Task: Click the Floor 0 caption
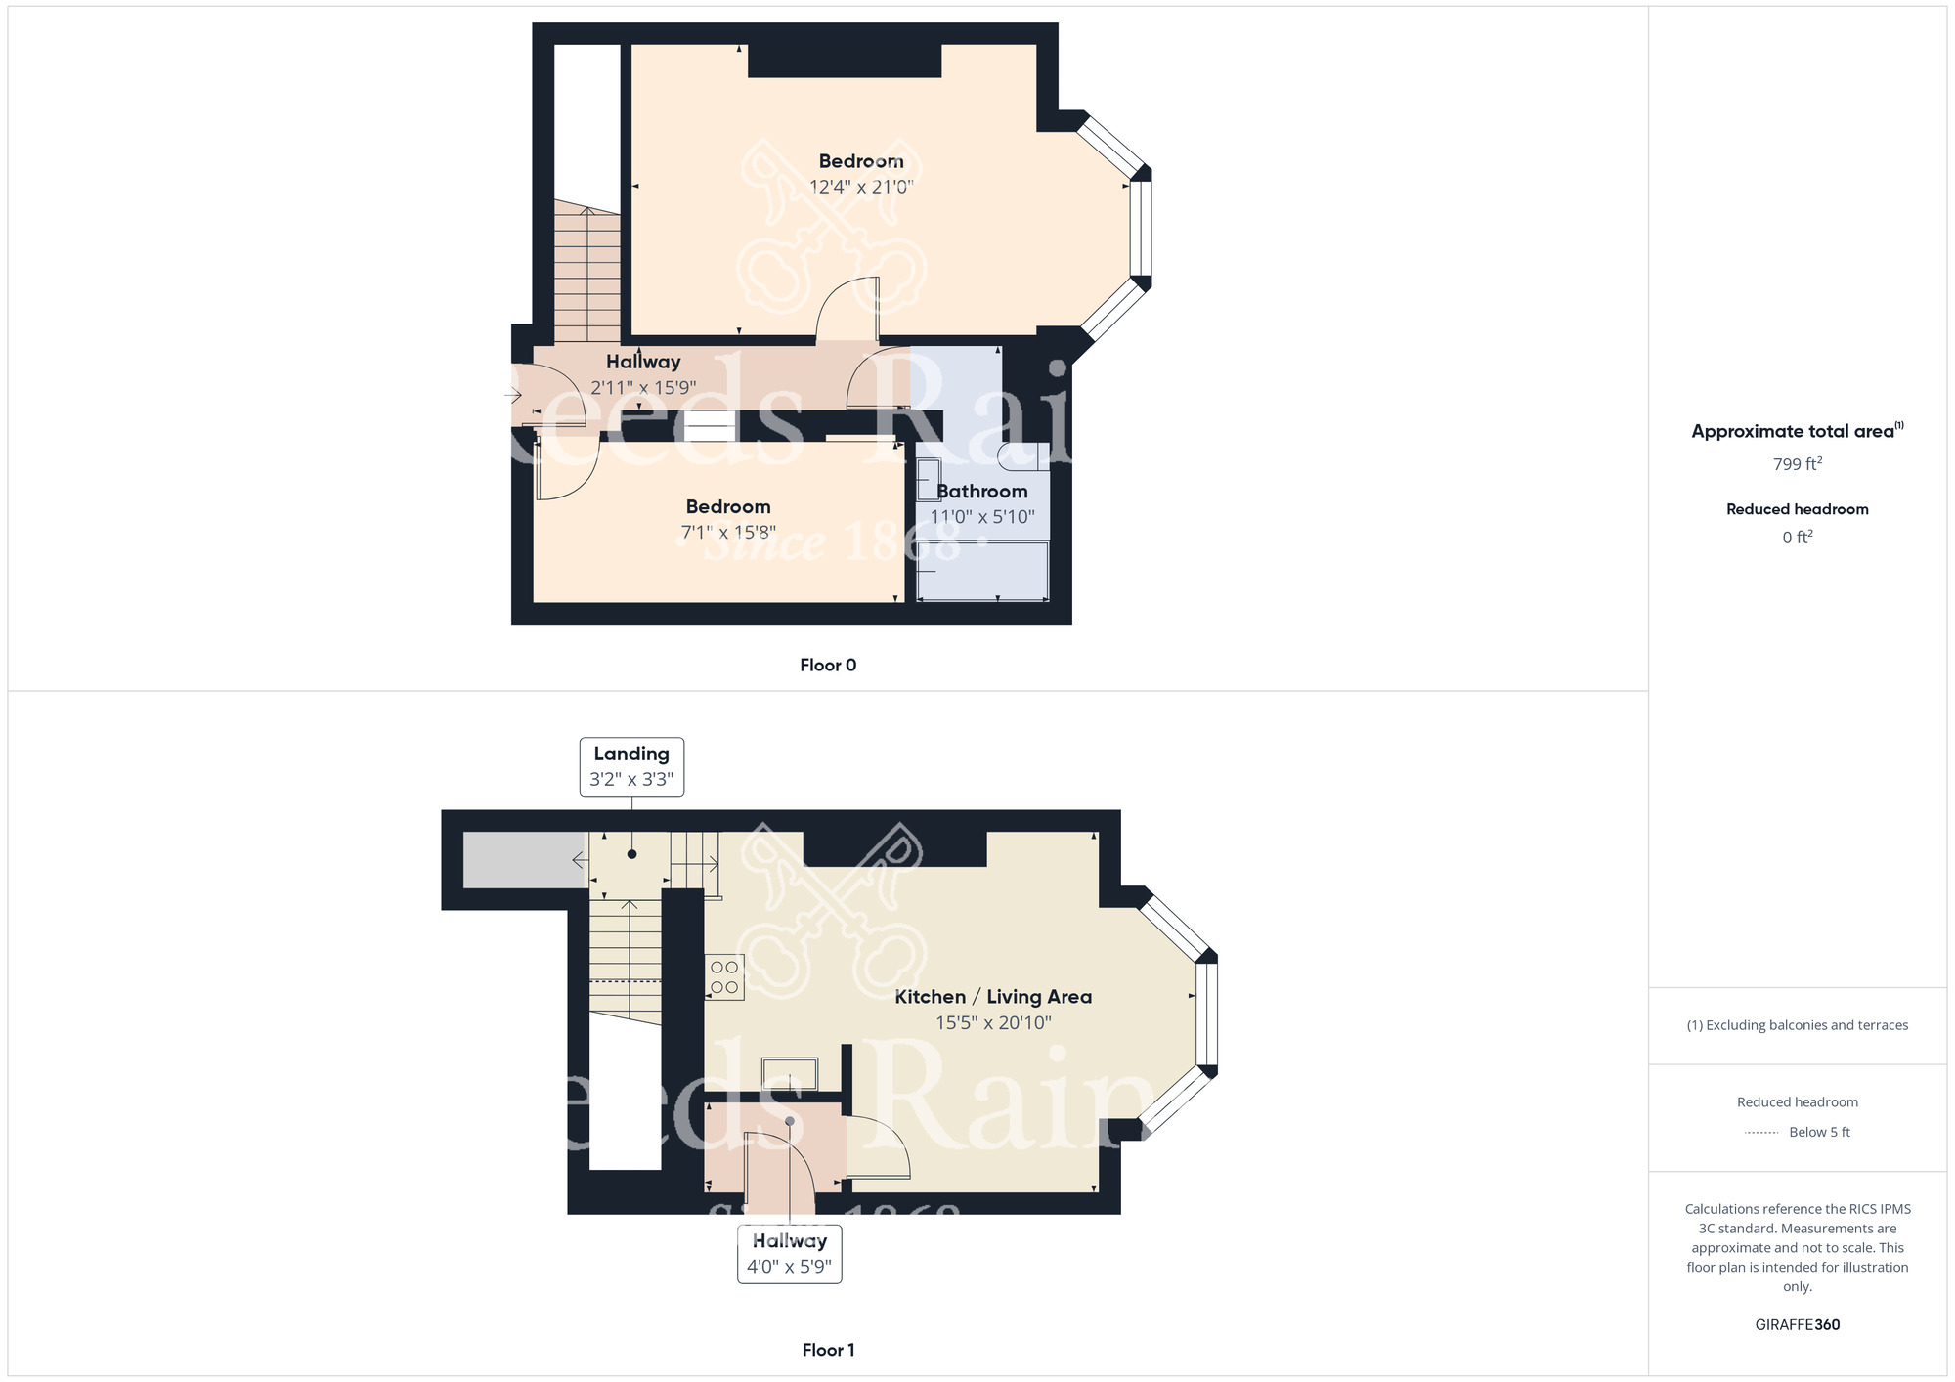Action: pyautogui.click(x=828, y=666)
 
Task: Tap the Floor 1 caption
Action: pyautogui.click(x=828, y=1350)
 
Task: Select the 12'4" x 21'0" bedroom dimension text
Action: pyautogui.click(x=861, y=187)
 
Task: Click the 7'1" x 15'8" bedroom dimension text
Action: pyautogui.click(x=728, y=532)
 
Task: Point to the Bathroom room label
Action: pyautogui.click(x=982, y=492)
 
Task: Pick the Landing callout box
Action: pyautogui.click(x=631, y=767)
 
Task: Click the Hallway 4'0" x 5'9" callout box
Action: pyautogui.click(x=790, y=1254)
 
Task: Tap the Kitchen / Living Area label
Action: pyautogui.click(x=993, y=997)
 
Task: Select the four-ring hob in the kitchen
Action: pyautogui.click(x=724, y=977)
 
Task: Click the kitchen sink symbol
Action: pyautogui.click(x=790, y=1073)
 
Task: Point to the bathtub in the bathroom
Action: pyautogui.click(x=982, y=571)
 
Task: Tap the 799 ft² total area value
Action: pyautogui.click(x=1798, y=464)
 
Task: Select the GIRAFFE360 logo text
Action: pyautogui.click(x=1798, y=1325)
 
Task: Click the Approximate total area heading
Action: pyautogui.click(x=1798, y=431)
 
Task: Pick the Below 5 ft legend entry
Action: pyautogui.click(x=1798, y=1132)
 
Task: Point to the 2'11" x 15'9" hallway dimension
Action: pyautogui.click(x=643, y=388)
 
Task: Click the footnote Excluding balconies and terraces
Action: pyautogui.click(x=1798, y=1025)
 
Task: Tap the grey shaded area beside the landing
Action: pyautogui.click(x=524, y=860)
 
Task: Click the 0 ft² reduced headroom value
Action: pyautogui.click(x=1798, y=538)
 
